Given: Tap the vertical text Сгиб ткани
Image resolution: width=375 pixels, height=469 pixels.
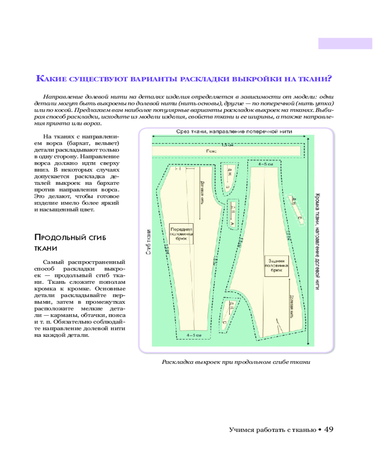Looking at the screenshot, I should click(148, 242).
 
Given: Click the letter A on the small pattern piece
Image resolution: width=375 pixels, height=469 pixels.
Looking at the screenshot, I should click(232, 224).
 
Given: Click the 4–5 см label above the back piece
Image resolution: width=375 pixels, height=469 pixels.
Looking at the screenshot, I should click(265, 165).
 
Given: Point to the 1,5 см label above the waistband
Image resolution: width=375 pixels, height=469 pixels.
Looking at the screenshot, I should click(227, 144).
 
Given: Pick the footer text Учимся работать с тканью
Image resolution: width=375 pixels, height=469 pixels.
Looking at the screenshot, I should click(272, 430).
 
